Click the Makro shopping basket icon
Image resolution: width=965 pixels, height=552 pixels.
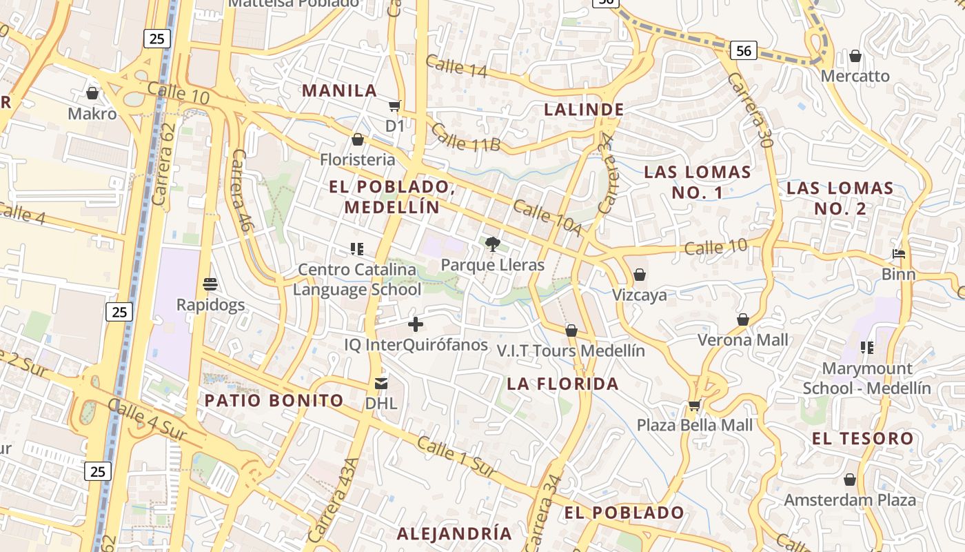click(x=92, y=93)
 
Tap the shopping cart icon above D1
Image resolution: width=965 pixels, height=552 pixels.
click(x=394, y=106)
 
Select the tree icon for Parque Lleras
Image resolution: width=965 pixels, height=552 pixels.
click(x=492, y=244)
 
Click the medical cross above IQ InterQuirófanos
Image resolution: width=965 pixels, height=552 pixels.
click(x=416, y=324)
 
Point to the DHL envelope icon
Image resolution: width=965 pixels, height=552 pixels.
click(x=381, y=383)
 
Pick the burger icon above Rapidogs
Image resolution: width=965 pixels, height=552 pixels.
click(x=210, y=284)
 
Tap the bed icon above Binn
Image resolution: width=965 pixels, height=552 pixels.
click(x=898, y=254)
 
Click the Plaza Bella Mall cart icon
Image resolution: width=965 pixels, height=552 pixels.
click(x=694, y=405)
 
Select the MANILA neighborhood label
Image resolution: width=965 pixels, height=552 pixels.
click(x=340, y=90)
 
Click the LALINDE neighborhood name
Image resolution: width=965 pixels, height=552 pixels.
click(x=584, y=109)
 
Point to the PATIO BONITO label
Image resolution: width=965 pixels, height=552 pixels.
click(x=274, y=400)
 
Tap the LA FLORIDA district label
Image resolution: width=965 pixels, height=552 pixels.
click(x=563, y=384)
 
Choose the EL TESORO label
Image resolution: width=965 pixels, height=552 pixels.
click(x=862, y=438)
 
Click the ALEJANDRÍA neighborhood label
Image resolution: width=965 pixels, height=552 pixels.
click(x=454, y=533)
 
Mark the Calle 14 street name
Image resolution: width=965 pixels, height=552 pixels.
click(x=456, y=66)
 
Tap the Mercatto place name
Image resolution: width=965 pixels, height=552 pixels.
click(x=855, y=76)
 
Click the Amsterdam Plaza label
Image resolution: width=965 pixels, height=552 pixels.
click(x=850, y=500)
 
